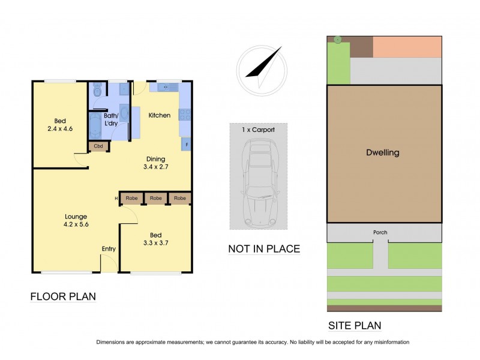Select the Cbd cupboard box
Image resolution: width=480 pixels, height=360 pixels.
97,146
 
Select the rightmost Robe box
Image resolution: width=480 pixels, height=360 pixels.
179,198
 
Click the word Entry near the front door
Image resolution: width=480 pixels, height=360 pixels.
109,249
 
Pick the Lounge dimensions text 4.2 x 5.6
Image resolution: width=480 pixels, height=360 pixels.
76,226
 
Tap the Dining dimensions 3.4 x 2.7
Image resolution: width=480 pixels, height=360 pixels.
155,168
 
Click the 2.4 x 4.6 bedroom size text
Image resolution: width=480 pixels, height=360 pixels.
59,128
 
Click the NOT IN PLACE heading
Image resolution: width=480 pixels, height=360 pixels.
263,248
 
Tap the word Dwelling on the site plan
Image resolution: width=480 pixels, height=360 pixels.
382,152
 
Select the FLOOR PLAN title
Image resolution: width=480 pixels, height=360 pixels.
63,296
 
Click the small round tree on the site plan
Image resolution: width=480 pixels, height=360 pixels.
338,40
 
